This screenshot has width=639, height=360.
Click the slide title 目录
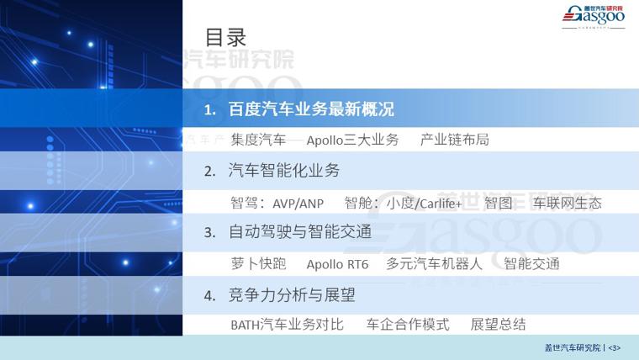click(x=225, y=38)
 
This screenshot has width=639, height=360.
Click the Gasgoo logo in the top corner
click(x=594, y=16)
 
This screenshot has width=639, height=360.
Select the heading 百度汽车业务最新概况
click(x=311, y=109)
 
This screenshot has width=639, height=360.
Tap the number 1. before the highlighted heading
click(x=210, y=109)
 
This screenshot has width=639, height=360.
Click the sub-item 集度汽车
click(x=258, y=140)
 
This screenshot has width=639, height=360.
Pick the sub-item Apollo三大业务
click(x=352, y=140)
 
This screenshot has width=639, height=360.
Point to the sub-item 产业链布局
click(x=454, y=140)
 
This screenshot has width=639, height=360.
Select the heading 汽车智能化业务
click(x=284, y=171)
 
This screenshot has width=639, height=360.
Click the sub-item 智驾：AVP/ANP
click(x=277, y=203)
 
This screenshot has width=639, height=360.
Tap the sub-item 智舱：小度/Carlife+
click(x=403, y=203)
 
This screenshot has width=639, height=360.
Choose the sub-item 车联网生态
click(x=568, y=203)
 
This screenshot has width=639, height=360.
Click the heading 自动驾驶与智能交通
click(x=300, y=232)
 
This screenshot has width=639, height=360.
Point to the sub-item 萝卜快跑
click(x=258, y=264)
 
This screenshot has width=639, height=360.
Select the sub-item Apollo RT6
click(x=337, y=264)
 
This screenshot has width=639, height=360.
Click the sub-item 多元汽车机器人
click(x=435, y=264)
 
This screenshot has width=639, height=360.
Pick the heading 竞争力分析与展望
click(x=292, y=294)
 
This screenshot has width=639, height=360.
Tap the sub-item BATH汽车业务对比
click(x=288, y=325)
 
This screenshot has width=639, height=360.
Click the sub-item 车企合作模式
click(x=408, y=325)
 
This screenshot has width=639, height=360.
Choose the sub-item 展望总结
click(x=498, y=325)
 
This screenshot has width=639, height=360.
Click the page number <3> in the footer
click(x=614, y=348)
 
